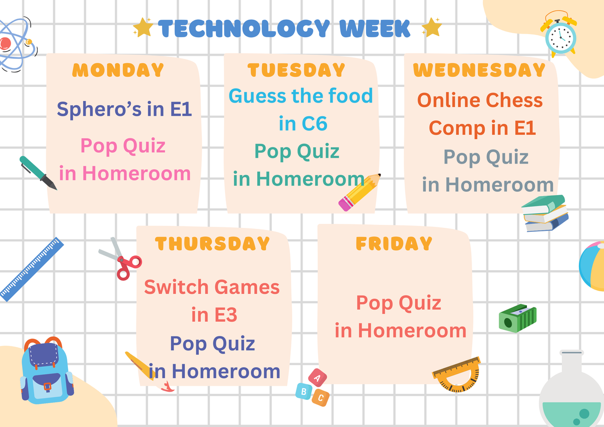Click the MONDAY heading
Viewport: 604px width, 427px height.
click(x=118, y=70)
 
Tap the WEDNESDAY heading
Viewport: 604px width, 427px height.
click(x=479, y=70)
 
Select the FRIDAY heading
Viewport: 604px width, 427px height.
click(x=394, y=243)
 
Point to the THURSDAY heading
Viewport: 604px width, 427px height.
click(x=212, y=243)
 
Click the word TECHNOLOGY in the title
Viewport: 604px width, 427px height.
click(x=244, y=28)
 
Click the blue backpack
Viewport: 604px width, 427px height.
click(x=47, y=371)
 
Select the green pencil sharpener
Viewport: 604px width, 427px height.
click(x=517, y=318)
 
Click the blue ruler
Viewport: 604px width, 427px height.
click(x=32, y=269)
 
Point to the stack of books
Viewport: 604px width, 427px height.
click(x=545, y=213)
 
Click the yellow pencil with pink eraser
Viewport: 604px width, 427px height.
click(x=359, y=192)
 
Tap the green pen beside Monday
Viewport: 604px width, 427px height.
click(x=38, y=173)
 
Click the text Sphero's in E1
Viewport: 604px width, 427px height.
click(x=124, y=109)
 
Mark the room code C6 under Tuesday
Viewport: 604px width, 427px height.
click(x=315, y=123)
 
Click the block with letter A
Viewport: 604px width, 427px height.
click(x=318, y=378)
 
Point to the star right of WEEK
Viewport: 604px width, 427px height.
click(x=432, y=27)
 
